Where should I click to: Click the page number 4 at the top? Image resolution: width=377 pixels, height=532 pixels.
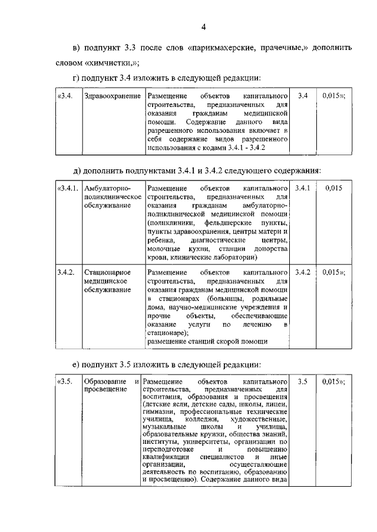coord(203,27)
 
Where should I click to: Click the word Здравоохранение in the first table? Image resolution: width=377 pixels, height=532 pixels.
coord(113,95)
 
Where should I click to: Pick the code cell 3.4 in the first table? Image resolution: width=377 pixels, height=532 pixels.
coord(303,95)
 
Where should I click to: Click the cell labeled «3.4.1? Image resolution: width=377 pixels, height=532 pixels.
coord(67,188)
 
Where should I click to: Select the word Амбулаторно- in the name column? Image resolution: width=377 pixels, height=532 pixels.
coord(107,188)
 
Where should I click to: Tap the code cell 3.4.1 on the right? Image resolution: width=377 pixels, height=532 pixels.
coord(303,188)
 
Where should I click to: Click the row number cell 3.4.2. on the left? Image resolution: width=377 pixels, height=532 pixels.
coord(66,272)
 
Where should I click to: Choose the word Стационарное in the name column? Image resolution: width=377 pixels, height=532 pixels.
coord(107,272)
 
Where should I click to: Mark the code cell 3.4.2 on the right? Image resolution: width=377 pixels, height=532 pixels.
coord(303,272)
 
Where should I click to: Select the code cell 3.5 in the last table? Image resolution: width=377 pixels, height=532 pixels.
coord(303,382)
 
